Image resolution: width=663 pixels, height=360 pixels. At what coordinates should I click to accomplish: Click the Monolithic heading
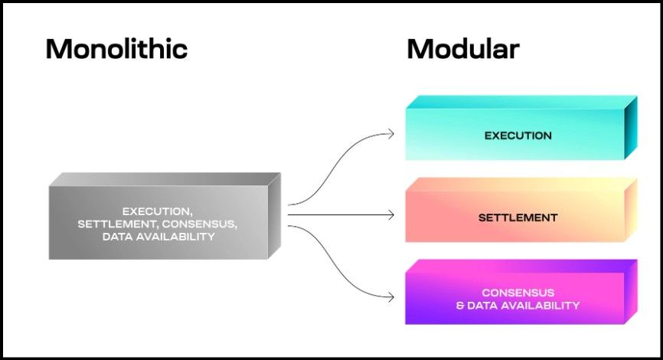click(x=116, y=50)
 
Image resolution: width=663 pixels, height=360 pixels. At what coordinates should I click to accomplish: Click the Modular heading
click(x=463, y=50)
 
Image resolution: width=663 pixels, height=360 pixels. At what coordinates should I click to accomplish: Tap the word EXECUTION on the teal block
click(x=518, y=136)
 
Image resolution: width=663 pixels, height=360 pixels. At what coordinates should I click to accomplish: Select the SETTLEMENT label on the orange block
click(x=518, y=218)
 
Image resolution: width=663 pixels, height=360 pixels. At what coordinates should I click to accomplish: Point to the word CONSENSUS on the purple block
click(x=518, y=293)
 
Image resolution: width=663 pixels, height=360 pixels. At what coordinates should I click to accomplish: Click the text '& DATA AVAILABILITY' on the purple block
click(x=518, y=306)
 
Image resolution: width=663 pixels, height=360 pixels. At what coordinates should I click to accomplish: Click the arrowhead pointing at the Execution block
click(x=391, y=134)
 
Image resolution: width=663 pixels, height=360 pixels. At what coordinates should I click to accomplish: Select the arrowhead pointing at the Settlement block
click(x=391, y=216)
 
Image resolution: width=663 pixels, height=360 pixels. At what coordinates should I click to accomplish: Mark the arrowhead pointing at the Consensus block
click(x=391, y=298)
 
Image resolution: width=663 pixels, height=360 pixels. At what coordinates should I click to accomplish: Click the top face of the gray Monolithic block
click(x=165, y=178)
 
